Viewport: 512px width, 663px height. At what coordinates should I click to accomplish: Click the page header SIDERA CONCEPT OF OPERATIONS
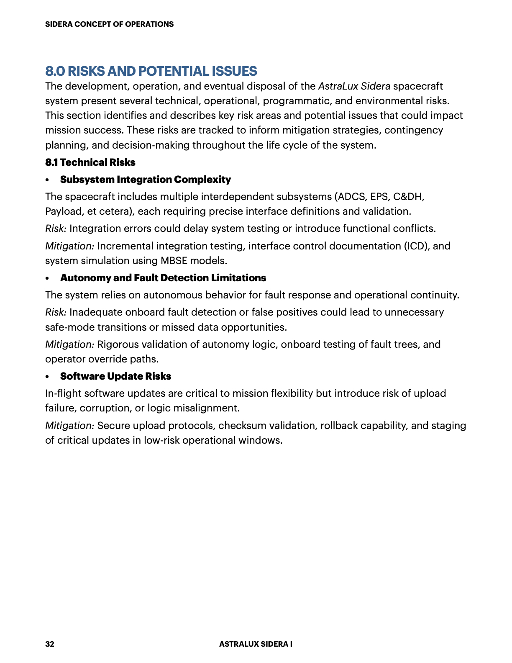(109, 24)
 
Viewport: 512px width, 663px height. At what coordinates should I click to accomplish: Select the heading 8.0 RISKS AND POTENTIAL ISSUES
(151, 71)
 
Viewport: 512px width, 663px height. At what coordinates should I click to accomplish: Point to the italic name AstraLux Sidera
(354, 86)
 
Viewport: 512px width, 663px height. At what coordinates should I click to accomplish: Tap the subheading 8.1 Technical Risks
(90, 162)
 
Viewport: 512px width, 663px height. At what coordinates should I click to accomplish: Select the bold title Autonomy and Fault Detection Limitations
(163, 278)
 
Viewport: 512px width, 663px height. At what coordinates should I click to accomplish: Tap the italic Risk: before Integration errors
(56, 229)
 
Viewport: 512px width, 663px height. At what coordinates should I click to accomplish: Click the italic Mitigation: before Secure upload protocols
(70, 426)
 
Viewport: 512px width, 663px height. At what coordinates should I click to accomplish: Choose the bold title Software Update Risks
(115, 376)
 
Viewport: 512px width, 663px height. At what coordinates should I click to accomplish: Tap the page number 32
(50, 644)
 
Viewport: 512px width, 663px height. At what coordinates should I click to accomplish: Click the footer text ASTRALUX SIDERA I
(256, 644)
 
